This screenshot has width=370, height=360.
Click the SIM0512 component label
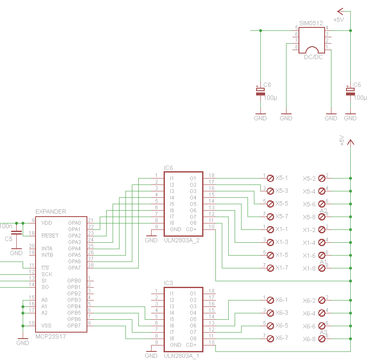point(311,23)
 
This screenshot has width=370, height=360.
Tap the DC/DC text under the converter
point(313,57)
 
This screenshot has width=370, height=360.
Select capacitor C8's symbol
point(260,91)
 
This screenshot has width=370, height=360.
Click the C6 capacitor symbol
point(350,91)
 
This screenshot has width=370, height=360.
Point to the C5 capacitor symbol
point(17,232)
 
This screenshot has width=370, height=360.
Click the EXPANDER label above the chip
point(51,211)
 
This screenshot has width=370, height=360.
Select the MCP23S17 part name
point(51,336)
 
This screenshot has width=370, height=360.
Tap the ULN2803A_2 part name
point(182,241)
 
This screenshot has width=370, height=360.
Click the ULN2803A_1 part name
point(182,356)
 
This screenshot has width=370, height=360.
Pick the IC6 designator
point(168,168)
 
